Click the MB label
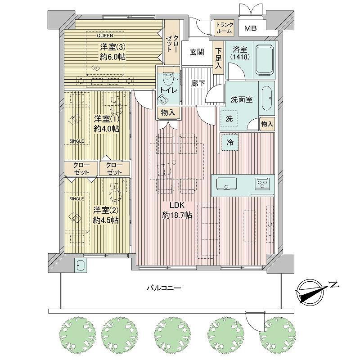(250, 28)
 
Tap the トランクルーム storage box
(224, 28)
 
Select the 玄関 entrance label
(197, 52)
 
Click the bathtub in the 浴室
(265, 60)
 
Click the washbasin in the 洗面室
(266, 98)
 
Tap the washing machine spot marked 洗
(229, 118)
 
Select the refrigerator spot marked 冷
(230, 142)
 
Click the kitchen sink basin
(227, 184)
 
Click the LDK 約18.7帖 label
(177, 210)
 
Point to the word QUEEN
(105, 36)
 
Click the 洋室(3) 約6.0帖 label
(113, 52)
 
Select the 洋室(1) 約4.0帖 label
(107, 124)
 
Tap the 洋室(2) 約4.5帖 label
(106, 215)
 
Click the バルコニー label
(164, 288)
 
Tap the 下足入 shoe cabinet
(218, 58)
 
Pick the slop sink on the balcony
(81, 265)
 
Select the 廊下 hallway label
(198, 84)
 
